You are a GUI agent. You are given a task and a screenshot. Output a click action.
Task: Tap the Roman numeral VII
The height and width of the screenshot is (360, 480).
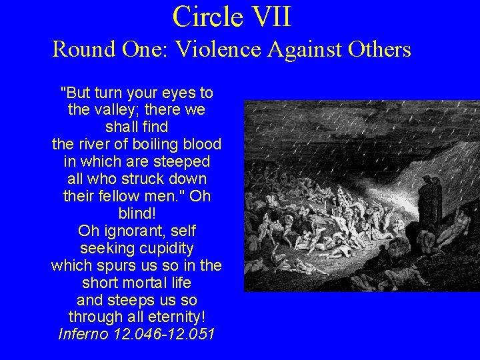point(267,16)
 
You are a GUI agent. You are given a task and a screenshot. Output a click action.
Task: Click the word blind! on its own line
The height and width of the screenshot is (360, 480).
point(136,213)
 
